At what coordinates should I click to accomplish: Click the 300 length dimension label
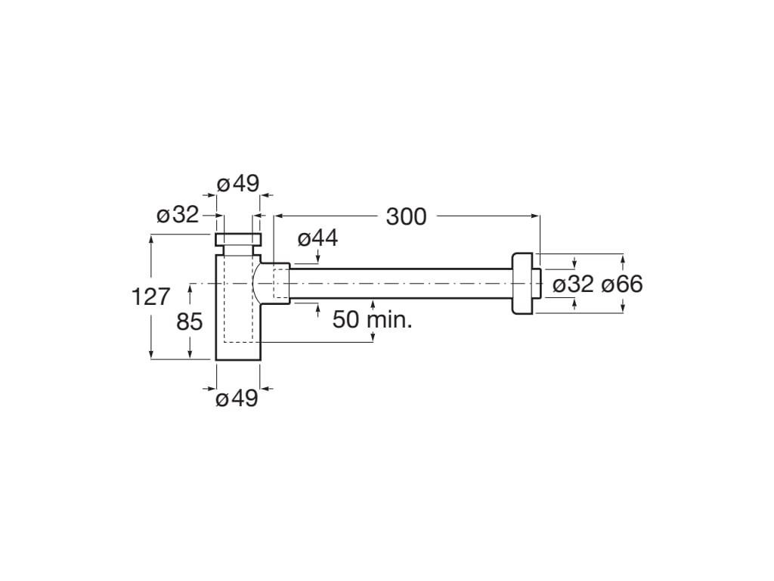point(406,217)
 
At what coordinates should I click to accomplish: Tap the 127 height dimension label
point(151,297)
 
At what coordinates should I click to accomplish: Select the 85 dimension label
point(190,322)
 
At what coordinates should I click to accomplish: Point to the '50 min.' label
point(372,320)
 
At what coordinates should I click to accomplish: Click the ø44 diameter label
point(318,238)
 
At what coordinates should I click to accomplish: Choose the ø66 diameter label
point(622,284)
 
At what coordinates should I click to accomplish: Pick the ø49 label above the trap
point(238,185)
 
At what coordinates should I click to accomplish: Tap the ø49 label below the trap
point(237,398)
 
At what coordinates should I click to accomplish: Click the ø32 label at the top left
point(178,215)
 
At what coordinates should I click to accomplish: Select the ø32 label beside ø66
point(573,284)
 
